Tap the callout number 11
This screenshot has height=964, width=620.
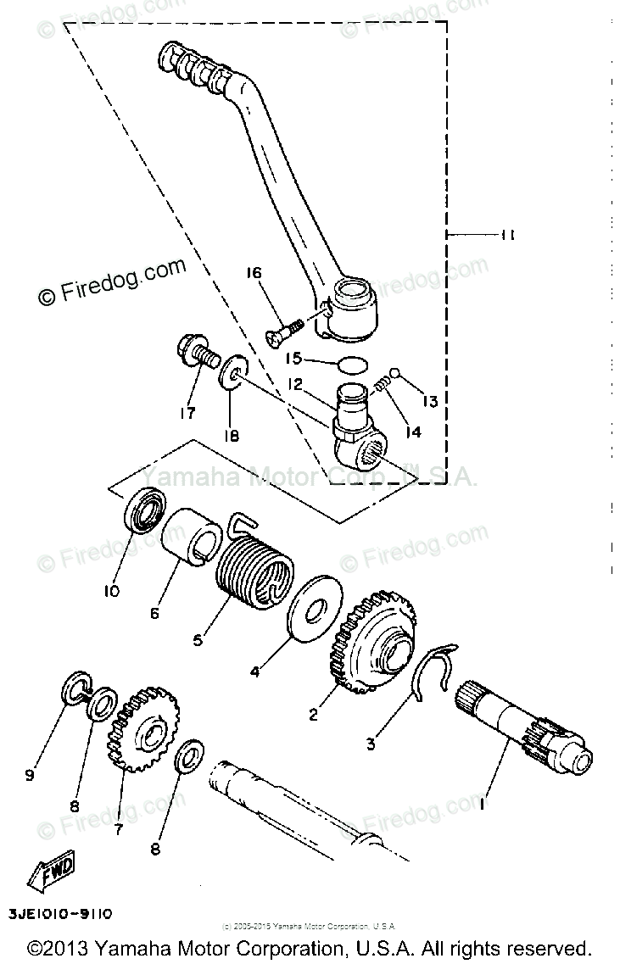[x=506, y=236]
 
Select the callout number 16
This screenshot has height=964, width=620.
[x=254, y=273]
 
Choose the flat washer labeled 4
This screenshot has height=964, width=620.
[x=316, y=613]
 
